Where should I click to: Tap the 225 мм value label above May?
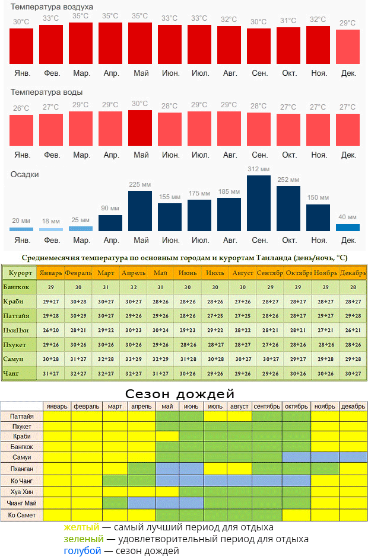[140, 184]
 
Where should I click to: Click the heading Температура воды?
[47, 92]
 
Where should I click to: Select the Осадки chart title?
[25, 175]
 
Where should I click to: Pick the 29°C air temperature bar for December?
[348, 47]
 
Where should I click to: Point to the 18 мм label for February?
[51, 222]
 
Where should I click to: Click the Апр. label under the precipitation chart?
[111, 241]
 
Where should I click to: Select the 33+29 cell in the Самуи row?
[133, 359]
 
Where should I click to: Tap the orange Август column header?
[242, 273]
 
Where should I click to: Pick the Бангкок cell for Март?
[106, 287]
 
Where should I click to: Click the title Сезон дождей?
[180, 394]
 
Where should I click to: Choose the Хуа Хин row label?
[22, 491]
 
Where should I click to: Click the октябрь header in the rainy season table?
[296, 406]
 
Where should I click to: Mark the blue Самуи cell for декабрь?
[354, 457]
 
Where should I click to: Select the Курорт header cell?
[20, 273]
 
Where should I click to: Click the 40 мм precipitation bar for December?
[348, 227]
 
